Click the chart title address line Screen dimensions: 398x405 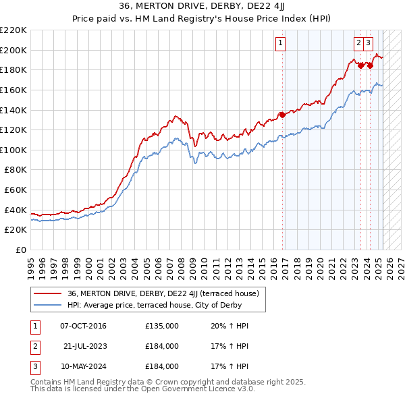tap(202, 7)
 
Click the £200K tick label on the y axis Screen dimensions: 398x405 tap(13, 50)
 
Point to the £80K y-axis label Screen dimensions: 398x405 tap(16, 170)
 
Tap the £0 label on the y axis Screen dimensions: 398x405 tap(21, 250)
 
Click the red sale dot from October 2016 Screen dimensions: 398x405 tap(283, 115)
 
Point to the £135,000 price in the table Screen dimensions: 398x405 tap(162, 326)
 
